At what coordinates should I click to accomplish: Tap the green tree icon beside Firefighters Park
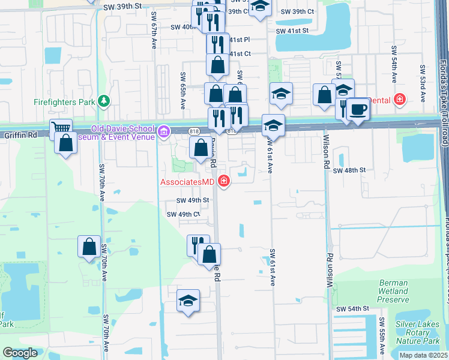[104, 101]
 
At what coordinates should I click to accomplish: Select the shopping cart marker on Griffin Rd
[61, 128]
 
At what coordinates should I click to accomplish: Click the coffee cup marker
[358, 109]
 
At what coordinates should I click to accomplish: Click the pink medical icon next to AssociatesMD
[224, 181]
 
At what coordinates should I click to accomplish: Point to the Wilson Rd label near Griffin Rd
[327, 155]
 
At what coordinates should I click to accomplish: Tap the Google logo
[20, 353]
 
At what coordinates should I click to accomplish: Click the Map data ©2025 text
[423, 355]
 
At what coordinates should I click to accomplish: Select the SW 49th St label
[193, 200]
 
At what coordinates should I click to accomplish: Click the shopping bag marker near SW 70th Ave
[89, 247]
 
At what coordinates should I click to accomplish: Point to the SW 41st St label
[292, 30]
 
